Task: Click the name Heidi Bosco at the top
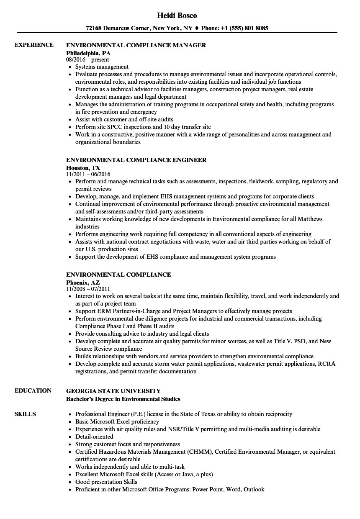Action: [x=177, y=15]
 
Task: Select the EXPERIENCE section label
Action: [x=34, y=45]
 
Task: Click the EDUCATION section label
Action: [x=33, y=391]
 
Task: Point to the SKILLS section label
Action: [x=25, y=414]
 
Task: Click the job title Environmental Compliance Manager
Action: [x=136, y=45]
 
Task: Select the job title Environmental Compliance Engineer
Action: [x=136, y=160]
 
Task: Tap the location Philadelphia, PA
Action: [x=88, y=53]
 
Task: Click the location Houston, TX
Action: [x=83, y=167]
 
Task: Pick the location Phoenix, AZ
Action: [x=83, y=282]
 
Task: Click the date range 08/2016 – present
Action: [x=87, y=60]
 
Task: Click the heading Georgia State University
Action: [x=113, y=391]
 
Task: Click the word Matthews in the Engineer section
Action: [x=311, y=219]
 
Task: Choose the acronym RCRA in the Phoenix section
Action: [x=327, y=364]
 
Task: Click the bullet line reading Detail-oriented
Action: [x=94, y=437]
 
